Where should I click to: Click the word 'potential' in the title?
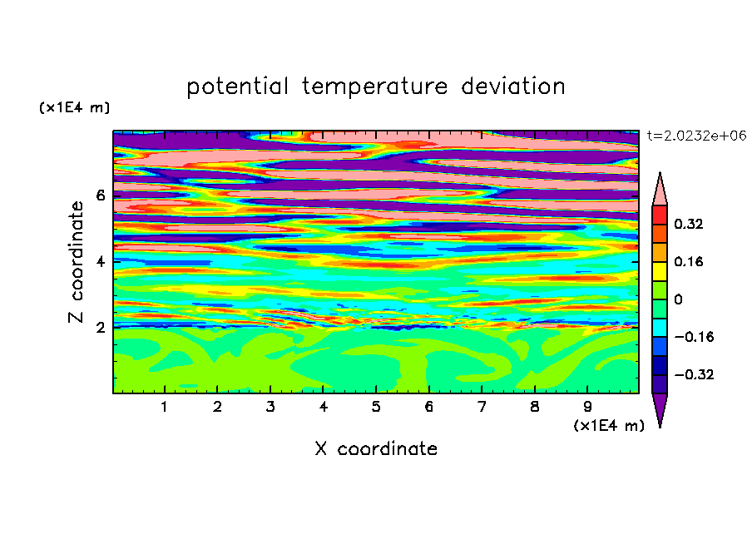(x=237, y=87)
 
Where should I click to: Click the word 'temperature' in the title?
(x=374, y=87)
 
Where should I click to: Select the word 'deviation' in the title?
(x=512, y=87)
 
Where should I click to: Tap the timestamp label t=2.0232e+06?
(x=696, y=136)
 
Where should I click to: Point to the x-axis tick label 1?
(x=164, y=407)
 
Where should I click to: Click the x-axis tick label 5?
(x=376, y=407)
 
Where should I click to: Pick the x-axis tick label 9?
(x=587, y=407)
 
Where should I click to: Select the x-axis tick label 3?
(x=270, y=407)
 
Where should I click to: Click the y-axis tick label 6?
(x=100, y=195)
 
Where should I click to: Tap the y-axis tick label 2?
(x=100, y=327)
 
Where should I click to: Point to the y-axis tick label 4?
(x=100, y=261)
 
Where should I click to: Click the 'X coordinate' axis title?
(x=376, y=448)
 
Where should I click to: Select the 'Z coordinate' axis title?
(x=77, y=261)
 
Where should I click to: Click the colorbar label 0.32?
(x=688, y=224)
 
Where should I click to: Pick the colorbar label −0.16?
(x=694, y=337)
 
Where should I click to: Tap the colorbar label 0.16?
(x=688, y=261)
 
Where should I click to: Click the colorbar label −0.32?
(x=694, y=374)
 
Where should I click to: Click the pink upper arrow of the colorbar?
(x=660, y=191)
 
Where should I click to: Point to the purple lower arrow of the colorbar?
(x=660, y=408)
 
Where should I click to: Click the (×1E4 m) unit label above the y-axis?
(x=74, y=107)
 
